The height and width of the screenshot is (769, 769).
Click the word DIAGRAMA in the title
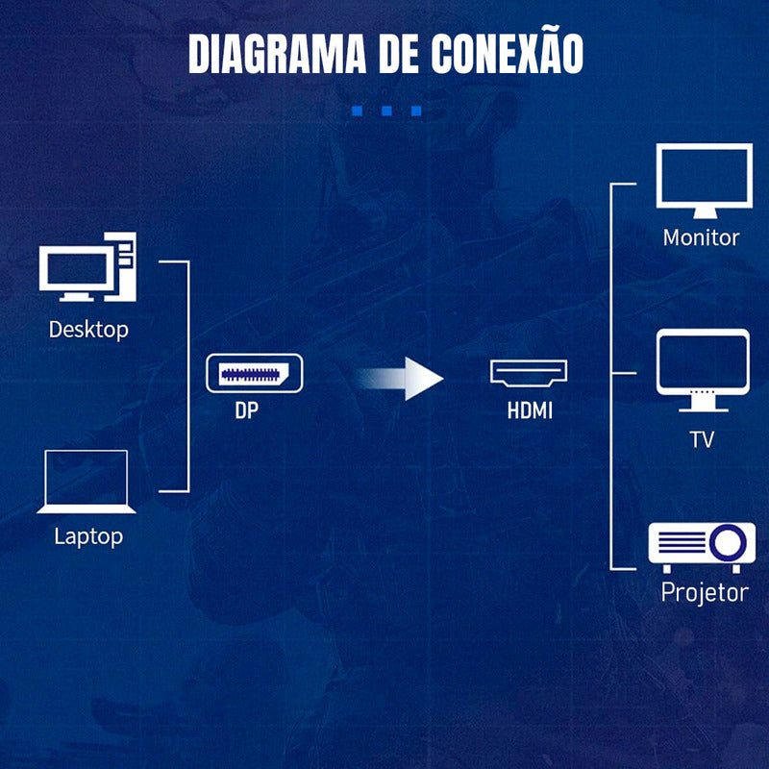[277, 54]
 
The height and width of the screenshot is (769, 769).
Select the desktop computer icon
[87, 267]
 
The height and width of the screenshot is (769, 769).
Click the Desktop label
[88, 330]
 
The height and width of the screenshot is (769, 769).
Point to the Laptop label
[88, 536]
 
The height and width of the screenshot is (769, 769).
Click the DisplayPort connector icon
[255, 373]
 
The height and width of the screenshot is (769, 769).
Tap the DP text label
[247, 410]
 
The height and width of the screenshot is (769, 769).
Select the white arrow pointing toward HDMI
[400, 379]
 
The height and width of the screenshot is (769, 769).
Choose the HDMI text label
[530, 410]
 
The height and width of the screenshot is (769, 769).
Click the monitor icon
[705, 181]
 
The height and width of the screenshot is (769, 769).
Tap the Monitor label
[702, 237]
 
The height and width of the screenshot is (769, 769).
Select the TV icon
[703, 370]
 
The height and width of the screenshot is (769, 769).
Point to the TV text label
[702, 440]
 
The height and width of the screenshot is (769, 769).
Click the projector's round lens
[729, 543]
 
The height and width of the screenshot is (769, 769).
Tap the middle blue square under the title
[386, 111]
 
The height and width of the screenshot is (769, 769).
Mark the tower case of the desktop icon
[121, 266]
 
